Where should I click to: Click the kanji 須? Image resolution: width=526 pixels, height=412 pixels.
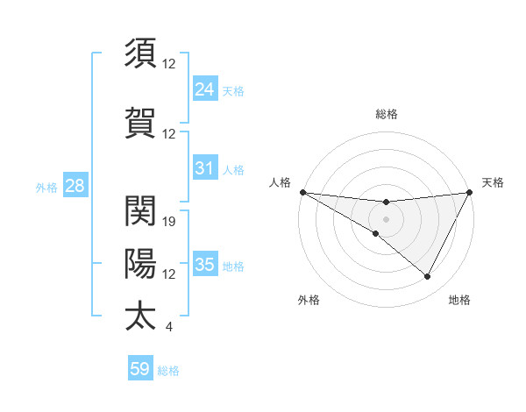coord(140,53)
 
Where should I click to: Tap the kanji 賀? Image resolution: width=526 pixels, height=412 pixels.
coord(140,123)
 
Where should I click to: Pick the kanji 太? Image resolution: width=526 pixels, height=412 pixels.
coord(140,316)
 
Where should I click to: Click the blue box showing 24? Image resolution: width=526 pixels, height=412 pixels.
coord(204,89)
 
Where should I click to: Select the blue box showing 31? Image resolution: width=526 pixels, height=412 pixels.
coord(204,168)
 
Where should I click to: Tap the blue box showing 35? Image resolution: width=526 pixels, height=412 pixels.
coord(204,265)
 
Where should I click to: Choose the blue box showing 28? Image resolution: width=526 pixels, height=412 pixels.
coord(75,186)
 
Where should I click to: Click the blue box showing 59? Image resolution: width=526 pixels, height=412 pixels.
coord(140,369)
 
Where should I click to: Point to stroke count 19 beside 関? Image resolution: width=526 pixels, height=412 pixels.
coord(170,221)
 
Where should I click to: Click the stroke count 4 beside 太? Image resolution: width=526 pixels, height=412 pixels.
coord(168,327)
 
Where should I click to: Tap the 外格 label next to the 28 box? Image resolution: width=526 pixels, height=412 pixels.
coord(46,187)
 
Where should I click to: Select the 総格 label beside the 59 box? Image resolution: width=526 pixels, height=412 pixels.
coord(168,371)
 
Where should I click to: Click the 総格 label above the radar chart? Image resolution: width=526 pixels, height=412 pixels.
coord(386,114)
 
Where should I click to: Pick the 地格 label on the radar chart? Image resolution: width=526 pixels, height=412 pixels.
coord(459,300)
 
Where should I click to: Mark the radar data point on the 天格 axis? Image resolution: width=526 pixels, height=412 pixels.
coord(469,192)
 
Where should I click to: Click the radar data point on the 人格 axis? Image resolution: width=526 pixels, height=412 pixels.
coord(302,192)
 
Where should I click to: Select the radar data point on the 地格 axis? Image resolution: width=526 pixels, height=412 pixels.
coord(428,276)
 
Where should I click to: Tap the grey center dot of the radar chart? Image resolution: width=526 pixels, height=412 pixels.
coord(386,218)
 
